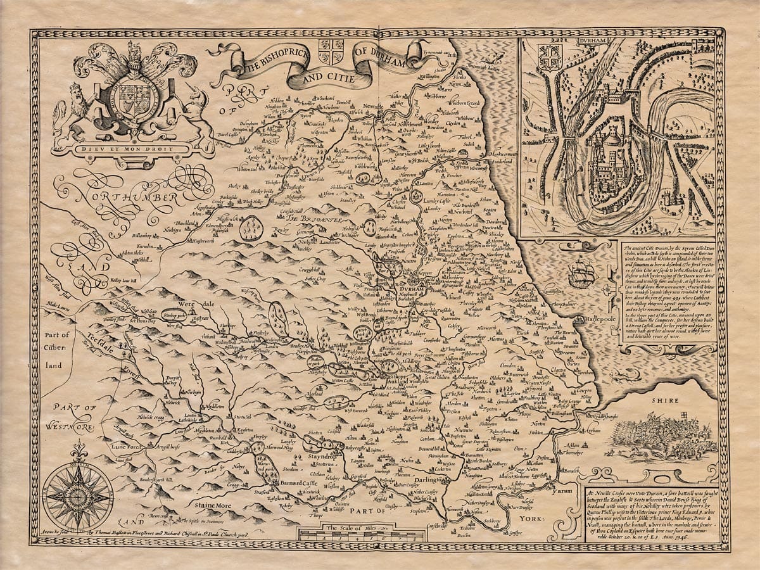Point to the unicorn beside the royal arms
tap(201, 111)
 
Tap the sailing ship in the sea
tap(581, 274)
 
